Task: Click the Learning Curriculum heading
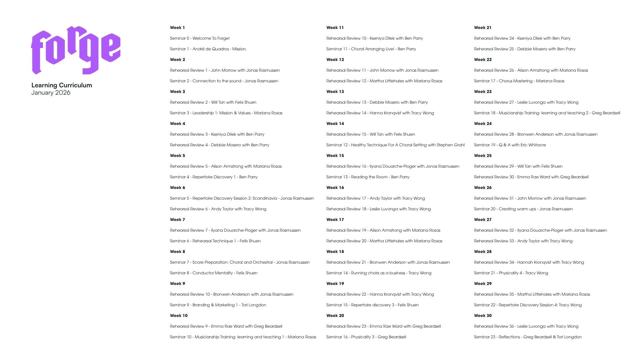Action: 62,85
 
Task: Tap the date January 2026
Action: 51,93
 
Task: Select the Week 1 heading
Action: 177,28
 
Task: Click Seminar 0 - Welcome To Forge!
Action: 200,38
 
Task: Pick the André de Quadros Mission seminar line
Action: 208,49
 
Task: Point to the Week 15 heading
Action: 335,156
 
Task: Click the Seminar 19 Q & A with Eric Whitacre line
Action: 510,145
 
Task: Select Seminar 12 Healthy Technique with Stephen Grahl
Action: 395,145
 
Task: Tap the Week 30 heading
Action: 483,316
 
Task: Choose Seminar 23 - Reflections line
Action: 528,337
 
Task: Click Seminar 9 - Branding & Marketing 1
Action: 218,305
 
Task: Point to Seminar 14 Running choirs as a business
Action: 379,273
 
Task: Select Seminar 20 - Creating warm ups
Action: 523,209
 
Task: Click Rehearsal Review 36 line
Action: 526,326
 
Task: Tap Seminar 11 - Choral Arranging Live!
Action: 371,49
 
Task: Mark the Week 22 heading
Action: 483,60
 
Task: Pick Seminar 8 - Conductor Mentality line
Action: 214,273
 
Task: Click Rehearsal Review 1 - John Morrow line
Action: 225,70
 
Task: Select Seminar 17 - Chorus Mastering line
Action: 519,81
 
